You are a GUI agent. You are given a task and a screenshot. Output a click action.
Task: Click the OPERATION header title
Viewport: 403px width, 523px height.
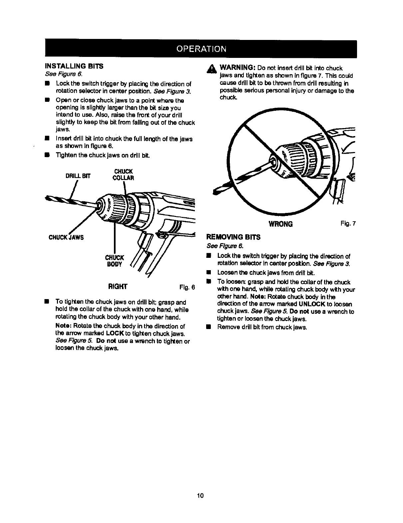coord(201,49)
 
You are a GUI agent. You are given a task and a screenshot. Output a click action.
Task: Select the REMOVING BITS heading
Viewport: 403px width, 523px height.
coord(233,237)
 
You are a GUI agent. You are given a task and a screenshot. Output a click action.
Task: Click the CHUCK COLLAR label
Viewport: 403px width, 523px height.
coord(123,175)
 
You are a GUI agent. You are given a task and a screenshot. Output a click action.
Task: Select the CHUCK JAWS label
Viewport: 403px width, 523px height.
coord(66,237)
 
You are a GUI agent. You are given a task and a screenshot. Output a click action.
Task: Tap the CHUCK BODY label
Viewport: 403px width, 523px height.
coord(115,261)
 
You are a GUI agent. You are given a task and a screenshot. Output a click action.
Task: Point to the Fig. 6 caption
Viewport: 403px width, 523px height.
coord(187,287)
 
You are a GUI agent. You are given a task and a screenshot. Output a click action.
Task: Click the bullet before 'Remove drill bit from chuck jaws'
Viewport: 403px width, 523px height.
coord(208,327)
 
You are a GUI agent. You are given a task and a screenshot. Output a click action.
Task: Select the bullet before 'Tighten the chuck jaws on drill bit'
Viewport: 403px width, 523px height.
coord(47,155)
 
